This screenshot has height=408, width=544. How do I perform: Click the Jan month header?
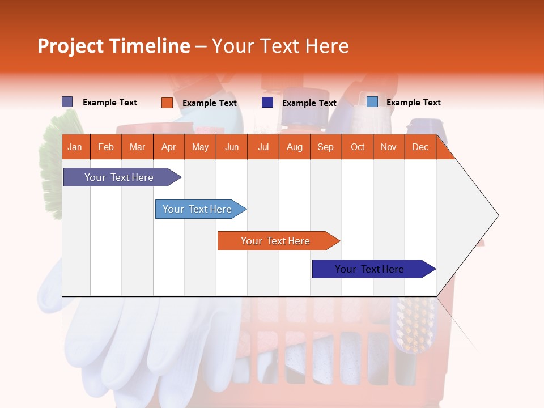pyautogui.click(x=75, y=147)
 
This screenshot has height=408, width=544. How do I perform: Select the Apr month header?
pyautogui.click(x=168, y=147)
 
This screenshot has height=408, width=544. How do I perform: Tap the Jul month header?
pyautogui.click(x=263, y=147)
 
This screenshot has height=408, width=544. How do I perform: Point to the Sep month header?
pyautogui.click(x=325, y=147)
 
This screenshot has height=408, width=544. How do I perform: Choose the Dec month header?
pyautogui.click(x=420, y=147)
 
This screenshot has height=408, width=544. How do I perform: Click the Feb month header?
pyautogui.click(x=106, y=147)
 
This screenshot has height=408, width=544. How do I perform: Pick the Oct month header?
pyautogui.click(x=358, y=147)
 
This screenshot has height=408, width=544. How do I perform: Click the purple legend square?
pyautogui.click(x=67, y=102)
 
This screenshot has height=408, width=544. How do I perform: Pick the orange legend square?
pyautogui.click(x=167, y=103)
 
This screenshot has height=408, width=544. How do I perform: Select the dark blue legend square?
pyautogui.click(x=267, y=103)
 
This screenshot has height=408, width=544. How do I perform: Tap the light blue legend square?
pyautogui.click(x=372, y=102)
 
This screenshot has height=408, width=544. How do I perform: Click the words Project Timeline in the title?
pyautogui.click(x=114, y=46)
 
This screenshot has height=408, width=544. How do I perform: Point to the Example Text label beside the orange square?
pyautogui.click(x=210, y=103)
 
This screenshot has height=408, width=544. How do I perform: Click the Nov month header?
pyautogui.click(x=389, y=147)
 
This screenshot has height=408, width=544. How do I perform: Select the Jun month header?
pyautogui.click(x=232, y=147)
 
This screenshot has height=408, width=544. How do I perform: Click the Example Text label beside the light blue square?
pyautogui.click(x=414, y=103)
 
